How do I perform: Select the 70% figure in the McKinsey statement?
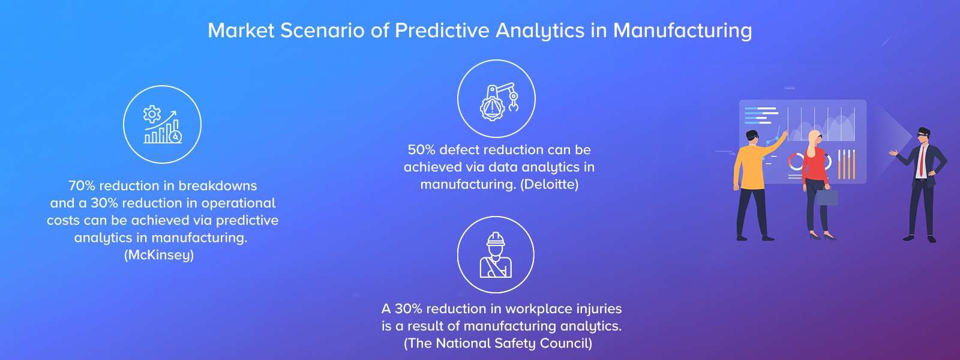(82, 186)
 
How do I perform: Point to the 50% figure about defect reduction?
(422, 150)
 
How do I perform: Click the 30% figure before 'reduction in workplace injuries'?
(409, 309)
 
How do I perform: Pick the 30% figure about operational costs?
(104, 203)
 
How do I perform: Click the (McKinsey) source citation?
(159, 256)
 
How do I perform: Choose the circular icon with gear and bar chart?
(162, 125)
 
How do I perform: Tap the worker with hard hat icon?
(496, 255)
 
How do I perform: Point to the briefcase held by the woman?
(827, 197)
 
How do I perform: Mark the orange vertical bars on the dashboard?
(846, 164)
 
